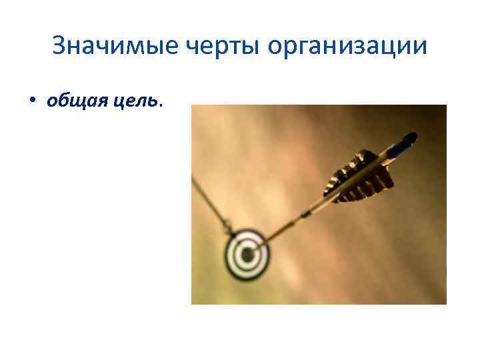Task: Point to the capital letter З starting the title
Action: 59,46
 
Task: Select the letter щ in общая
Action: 71,101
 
